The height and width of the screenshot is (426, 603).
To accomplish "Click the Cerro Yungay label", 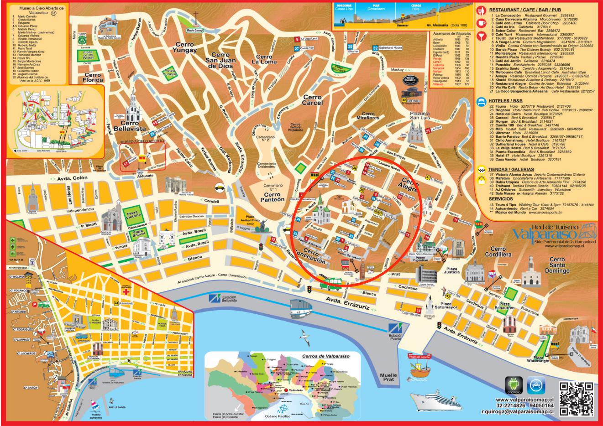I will [x=184, y=47].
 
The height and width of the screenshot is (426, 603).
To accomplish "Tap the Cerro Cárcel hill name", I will [x=312, y=100].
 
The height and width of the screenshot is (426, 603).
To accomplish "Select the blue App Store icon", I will [x=536, y=386].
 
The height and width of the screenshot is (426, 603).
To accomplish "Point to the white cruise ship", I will [x=432, y=400].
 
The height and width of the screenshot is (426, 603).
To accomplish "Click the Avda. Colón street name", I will [x=73, y=179].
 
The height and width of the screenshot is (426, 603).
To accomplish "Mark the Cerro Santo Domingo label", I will [x=556, y=265].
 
